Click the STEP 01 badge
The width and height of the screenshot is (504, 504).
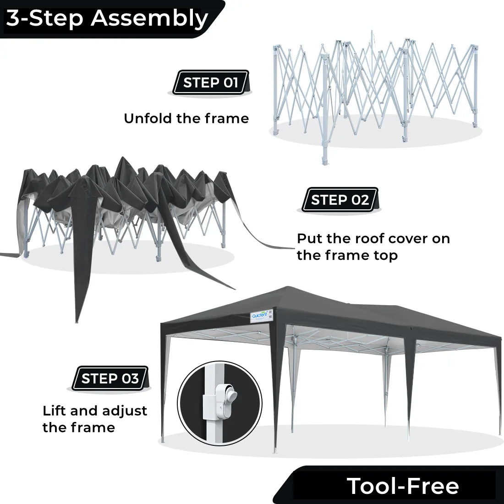pyautogui.click(x=210, y=82)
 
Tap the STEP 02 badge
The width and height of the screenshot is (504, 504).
pyautogui.click(x=340, y=200)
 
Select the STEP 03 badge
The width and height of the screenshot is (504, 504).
pyautogui.click(x=110, y=378)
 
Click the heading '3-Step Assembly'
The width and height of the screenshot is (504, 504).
pyautogui.click(x=107, y=18)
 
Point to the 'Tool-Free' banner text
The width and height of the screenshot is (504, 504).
pyautogui.click(x=402, y=485)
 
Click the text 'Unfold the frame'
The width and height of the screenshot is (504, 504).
pyautogui.click(x=186, y=118)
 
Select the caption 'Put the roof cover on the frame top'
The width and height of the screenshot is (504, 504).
pyautogui.click(x=373, y=247)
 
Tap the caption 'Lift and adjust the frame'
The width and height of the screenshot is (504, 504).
pyautogui.click(x=95, y=419)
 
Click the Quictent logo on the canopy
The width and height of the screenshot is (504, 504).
pyautogui.click(x=260, y=316)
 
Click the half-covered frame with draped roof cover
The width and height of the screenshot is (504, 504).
pyautogui.click(x=124, y=206)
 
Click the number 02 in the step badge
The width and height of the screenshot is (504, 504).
pyautogui.click(x=360, y=200)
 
